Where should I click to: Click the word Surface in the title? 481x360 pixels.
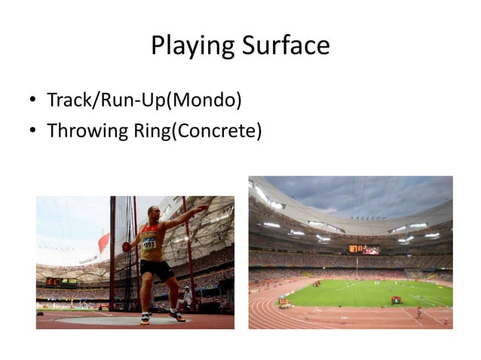click(286, 46)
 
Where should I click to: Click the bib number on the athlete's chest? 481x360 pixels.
click(149, 243)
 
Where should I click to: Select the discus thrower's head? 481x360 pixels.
click(154, 212)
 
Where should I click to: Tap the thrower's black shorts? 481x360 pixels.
click(157, 269)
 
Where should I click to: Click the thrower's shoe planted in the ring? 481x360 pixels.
click(144, 319)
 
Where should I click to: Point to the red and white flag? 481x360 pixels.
click(103, 243)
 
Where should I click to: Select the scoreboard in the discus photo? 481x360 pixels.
click(62, 282)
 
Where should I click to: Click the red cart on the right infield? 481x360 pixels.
click(396, 300)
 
